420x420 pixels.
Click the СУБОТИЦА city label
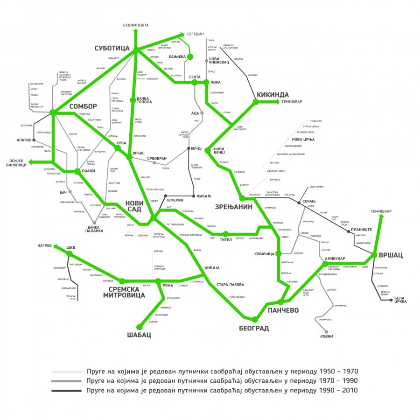(x=112, y=48)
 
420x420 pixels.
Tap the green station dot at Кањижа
(x=190, y=57)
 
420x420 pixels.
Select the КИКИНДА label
(x=273, y=95)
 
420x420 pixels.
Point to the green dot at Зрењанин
(x=242, y=199)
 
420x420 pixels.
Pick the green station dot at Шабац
(x=139, y=327)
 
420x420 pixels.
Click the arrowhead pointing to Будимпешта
(x=135, y=31)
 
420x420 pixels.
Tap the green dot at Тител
(x=225, y=234)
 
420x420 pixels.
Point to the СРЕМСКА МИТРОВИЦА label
(x=124, y=292)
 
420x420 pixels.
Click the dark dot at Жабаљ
(x=194, y=196)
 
